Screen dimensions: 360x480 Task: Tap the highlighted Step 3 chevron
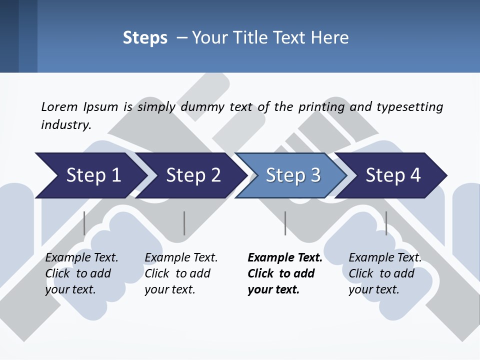point(292,175)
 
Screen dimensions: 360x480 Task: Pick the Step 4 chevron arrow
point(393,175)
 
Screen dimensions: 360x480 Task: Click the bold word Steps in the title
point(145,38)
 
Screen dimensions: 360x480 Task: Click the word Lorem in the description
point(59,106)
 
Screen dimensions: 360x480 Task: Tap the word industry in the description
point(65,125)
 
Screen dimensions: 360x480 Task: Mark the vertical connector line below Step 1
point(84,223)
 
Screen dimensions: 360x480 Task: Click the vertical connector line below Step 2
point(184,223)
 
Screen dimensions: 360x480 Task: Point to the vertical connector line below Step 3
point(285,223)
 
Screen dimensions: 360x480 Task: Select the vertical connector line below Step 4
point(386,223)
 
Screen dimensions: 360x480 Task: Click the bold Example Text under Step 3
point(285,258)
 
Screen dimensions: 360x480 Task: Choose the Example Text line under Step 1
point(81,258)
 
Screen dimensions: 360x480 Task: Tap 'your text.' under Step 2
point(169,290)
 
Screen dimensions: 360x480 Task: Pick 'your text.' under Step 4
point(373,290)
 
